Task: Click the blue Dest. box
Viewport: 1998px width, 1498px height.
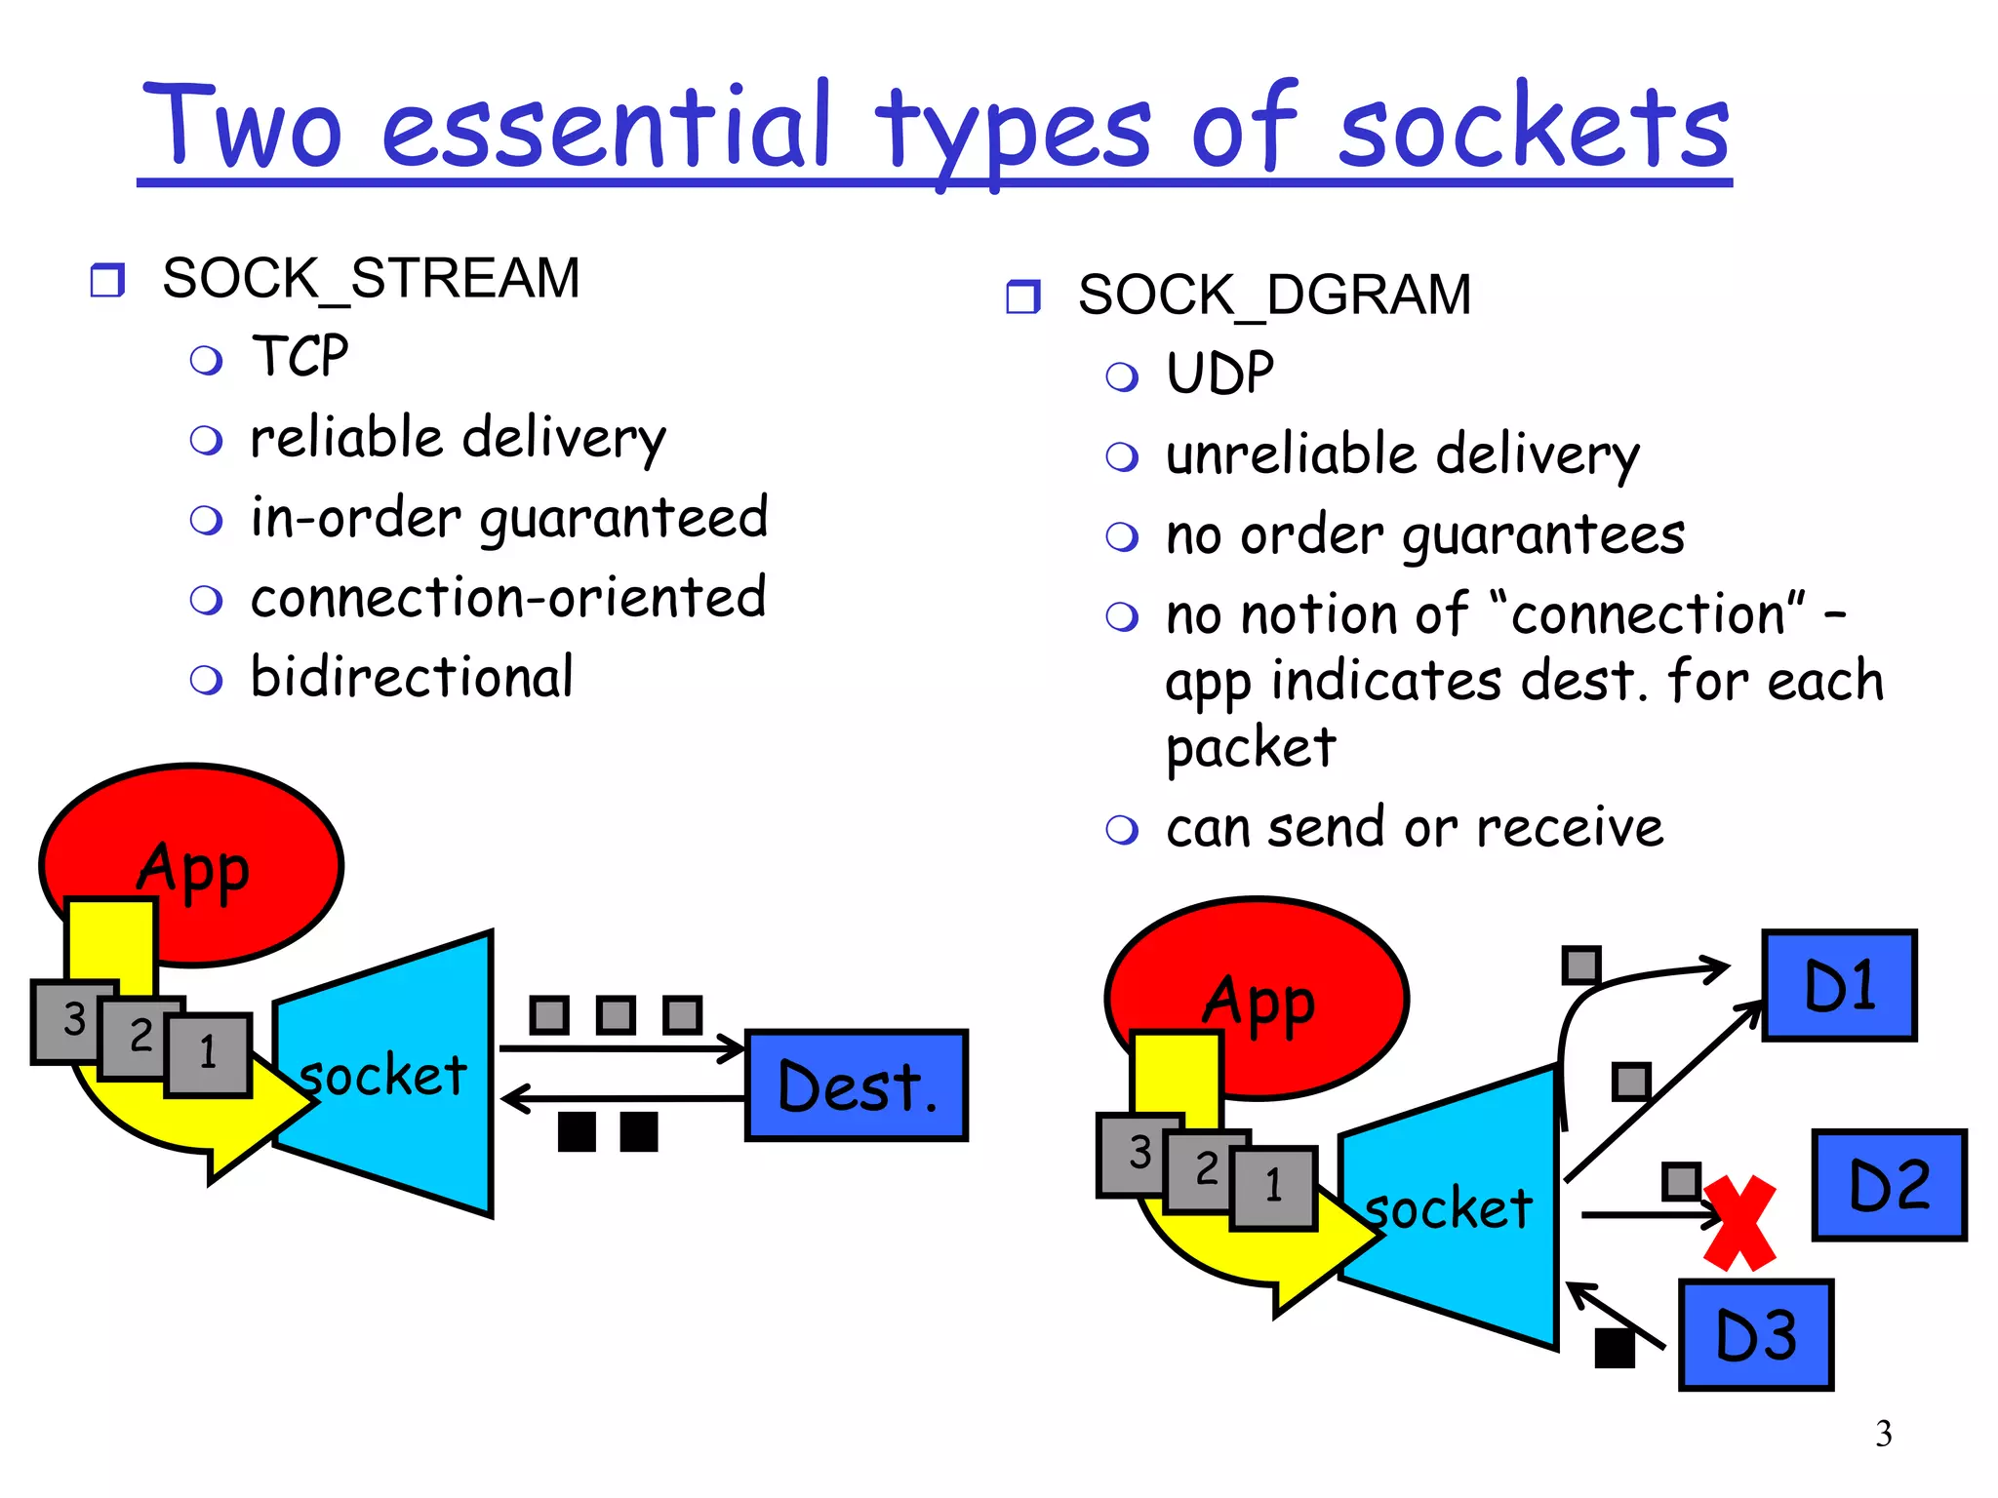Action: tap(857, 1084)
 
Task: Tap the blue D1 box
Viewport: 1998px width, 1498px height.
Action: tap(1839, 985)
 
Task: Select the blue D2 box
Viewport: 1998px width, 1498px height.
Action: tap(1889, 1185)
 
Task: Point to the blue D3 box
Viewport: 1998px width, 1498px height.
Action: tap(1756, 1334)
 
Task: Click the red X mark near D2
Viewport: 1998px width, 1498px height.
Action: tap(1739, 1223)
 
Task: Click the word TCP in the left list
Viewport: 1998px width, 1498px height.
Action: tap(300, 356)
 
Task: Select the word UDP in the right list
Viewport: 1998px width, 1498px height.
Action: tap(1219, 374)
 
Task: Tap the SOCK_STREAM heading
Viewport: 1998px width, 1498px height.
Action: tap(371, 278)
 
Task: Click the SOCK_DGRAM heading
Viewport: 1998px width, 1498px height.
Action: tap(1274, 295)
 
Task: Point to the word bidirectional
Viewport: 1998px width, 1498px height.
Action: tap(412, 677)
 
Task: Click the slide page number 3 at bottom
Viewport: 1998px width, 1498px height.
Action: tap(1883, 1434)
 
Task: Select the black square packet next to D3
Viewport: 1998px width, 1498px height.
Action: tap(1614, 1348)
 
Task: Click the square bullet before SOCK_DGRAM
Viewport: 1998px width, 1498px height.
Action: tap(1022, 296)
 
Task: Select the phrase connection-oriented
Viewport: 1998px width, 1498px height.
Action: tap(508, 597)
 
